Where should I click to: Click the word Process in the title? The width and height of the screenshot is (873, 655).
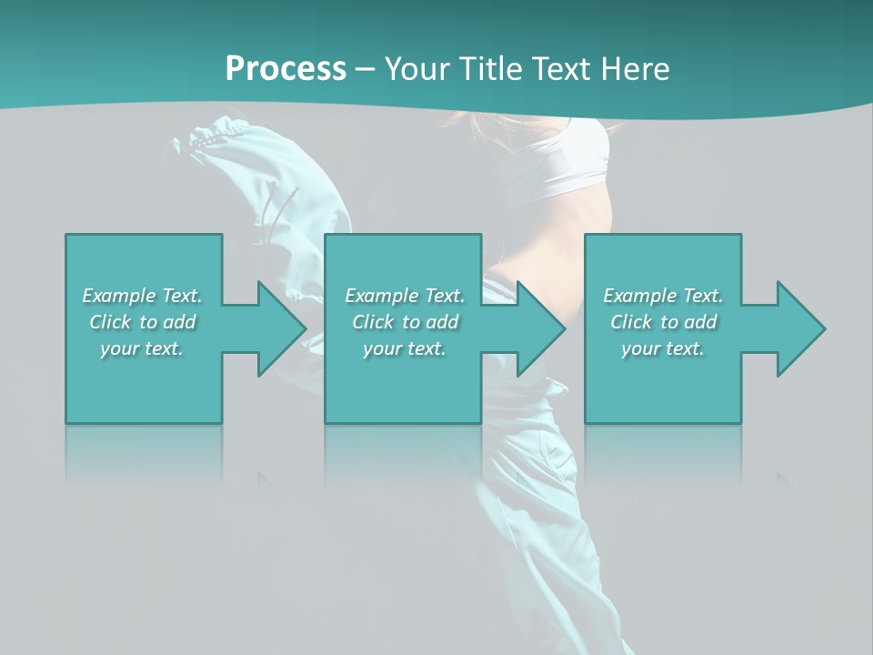click(x=286, y=69)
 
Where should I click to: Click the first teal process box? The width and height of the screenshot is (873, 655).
click(x=143, y=382)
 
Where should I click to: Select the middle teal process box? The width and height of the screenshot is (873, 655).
click(x=403, y=382)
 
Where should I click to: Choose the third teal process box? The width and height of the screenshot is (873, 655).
click(x=662, y=382)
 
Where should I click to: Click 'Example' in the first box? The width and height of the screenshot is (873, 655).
click(x=119, y=296)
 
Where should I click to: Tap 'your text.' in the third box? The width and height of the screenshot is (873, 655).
click(x=662, y=348)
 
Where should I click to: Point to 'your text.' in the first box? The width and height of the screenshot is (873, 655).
click(x=142, y=348)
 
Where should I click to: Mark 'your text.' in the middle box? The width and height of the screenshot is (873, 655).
click(x=404, y=348)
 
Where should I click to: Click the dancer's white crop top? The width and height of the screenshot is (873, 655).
click(x=574, y=159)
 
